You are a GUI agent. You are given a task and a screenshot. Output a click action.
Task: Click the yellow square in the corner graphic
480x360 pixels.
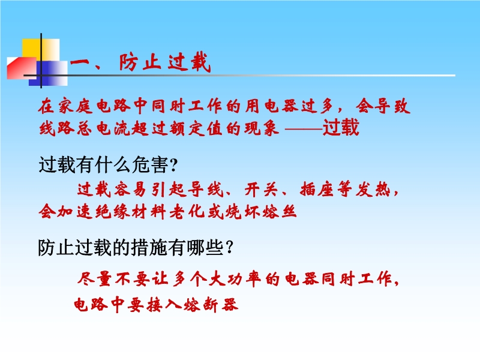(x=41, y=50)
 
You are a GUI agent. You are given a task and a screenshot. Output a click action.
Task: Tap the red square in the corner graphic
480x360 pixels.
(x=22, y=68)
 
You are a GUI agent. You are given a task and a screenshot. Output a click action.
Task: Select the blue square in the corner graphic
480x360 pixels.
(x=48, y=73)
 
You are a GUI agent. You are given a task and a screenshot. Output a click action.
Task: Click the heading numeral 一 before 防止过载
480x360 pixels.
(x=80, y=63)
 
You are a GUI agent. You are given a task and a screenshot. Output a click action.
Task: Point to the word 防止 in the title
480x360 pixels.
(x=140, y=63)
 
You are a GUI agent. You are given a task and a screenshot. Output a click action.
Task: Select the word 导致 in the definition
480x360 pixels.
(x=383, y=106)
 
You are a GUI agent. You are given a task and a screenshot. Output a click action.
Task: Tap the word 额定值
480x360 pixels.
(x=199, y=128)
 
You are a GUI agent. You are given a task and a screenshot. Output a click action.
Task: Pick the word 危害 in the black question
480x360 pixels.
(x=150, y=164)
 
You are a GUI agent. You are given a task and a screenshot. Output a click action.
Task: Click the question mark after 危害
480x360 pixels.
(x=173, y=166)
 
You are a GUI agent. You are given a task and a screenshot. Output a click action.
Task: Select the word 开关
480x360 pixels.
(x=261, y=189)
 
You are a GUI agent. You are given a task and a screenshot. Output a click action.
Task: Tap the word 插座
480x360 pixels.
(x=317, y=189)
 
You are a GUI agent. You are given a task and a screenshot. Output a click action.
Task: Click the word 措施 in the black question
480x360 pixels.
(x=149, y=248)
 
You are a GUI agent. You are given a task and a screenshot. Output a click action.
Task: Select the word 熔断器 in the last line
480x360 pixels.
(x=211, y=305)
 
